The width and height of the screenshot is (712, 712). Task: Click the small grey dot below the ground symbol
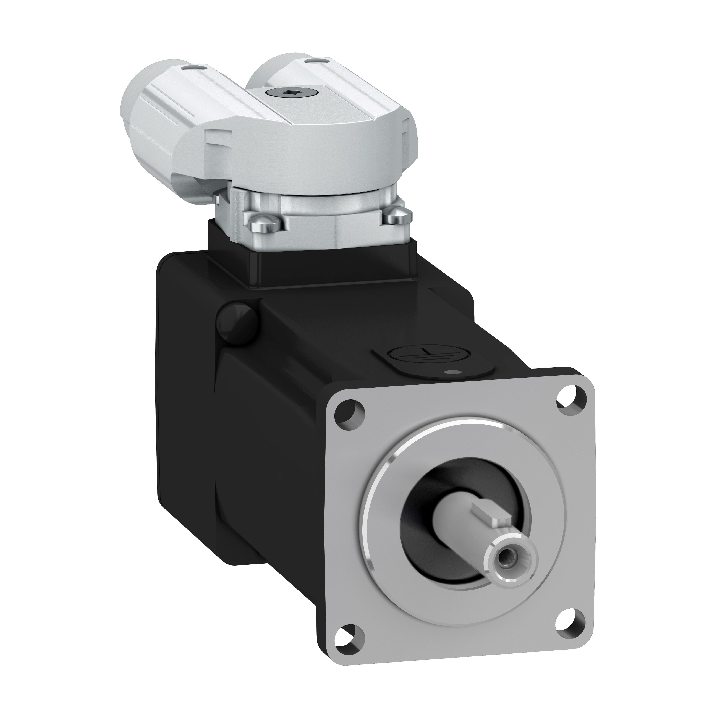tap(448, 373)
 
